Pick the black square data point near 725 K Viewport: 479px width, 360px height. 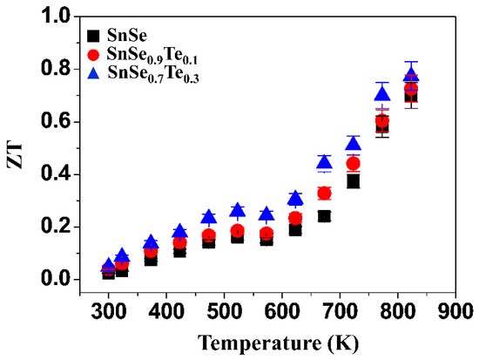coord(354,181)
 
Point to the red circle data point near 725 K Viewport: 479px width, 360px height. coord(354,163)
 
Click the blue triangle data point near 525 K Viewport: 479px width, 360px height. coord(238,210)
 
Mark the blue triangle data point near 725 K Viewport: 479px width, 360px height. coord(354,144)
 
